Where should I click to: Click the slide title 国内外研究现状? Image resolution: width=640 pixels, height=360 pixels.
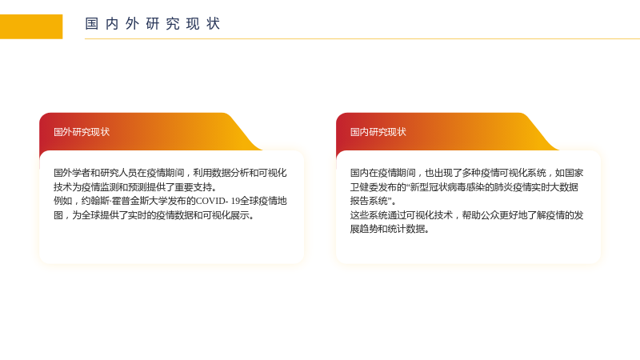153,24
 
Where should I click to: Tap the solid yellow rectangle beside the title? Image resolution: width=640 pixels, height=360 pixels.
31,26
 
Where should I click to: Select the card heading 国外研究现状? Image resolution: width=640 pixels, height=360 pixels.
82,132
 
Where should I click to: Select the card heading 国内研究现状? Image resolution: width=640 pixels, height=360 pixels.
378,132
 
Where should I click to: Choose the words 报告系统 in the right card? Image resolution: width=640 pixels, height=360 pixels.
369,201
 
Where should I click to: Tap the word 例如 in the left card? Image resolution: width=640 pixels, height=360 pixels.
63,201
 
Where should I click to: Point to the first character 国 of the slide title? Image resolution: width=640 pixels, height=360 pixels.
92,24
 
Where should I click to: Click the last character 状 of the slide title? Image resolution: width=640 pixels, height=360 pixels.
214,24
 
